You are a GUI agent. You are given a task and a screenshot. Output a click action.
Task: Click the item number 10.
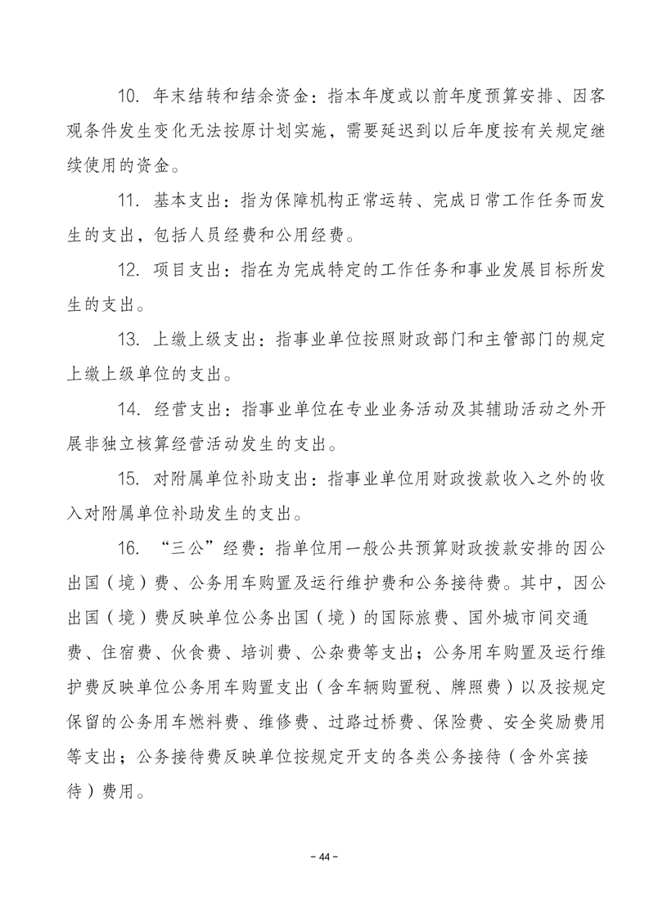click(131, 97)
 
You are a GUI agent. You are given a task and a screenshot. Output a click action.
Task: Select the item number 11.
click(131, 202)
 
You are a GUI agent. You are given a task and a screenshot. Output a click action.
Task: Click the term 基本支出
click(184, 202)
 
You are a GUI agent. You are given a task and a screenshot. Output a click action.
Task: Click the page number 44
click(324, 857)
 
